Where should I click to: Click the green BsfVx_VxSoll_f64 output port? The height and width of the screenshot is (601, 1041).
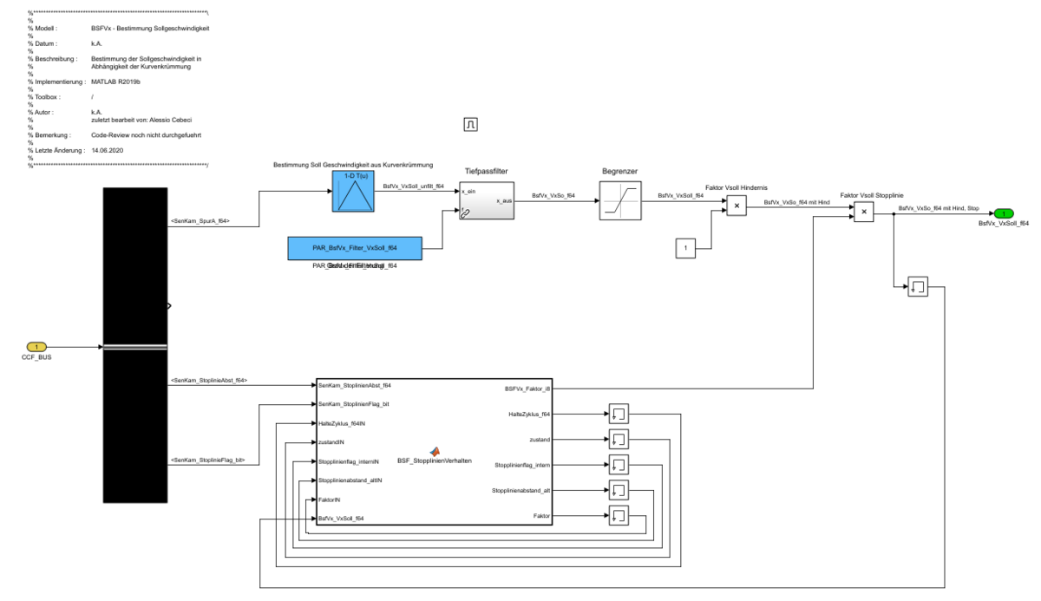pyautogui.click(x=1004, y=212)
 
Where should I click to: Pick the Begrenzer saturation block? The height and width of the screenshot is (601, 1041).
pyautogui.click(x=620, y=201)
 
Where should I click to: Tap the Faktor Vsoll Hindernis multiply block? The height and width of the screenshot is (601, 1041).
pyautogui.click(x=736, y=206)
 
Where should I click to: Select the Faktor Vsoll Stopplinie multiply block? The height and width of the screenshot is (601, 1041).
pyautogui.click(x=862, y=212)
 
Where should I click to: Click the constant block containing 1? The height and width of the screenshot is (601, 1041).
pyautogui.click(x=685, y=250)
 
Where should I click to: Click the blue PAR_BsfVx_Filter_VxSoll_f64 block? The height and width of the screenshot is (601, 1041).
pyautogui.click(x=354, y=248)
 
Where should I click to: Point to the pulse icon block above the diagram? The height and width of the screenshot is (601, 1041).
pyautogui.click(x=471, y=125)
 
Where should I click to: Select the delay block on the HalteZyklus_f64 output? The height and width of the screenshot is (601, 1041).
pyautogui.click(x=619, y=413)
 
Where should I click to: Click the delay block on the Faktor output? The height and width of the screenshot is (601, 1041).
pyautogui.click(x=619, y=516)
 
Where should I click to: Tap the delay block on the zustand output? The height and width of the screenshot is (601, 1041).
pyautogui.click(x=619, y=439)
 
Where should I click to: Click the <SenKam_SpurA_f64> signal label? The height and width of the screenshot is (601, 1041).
pyautogui.click(x=200, y=221)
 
